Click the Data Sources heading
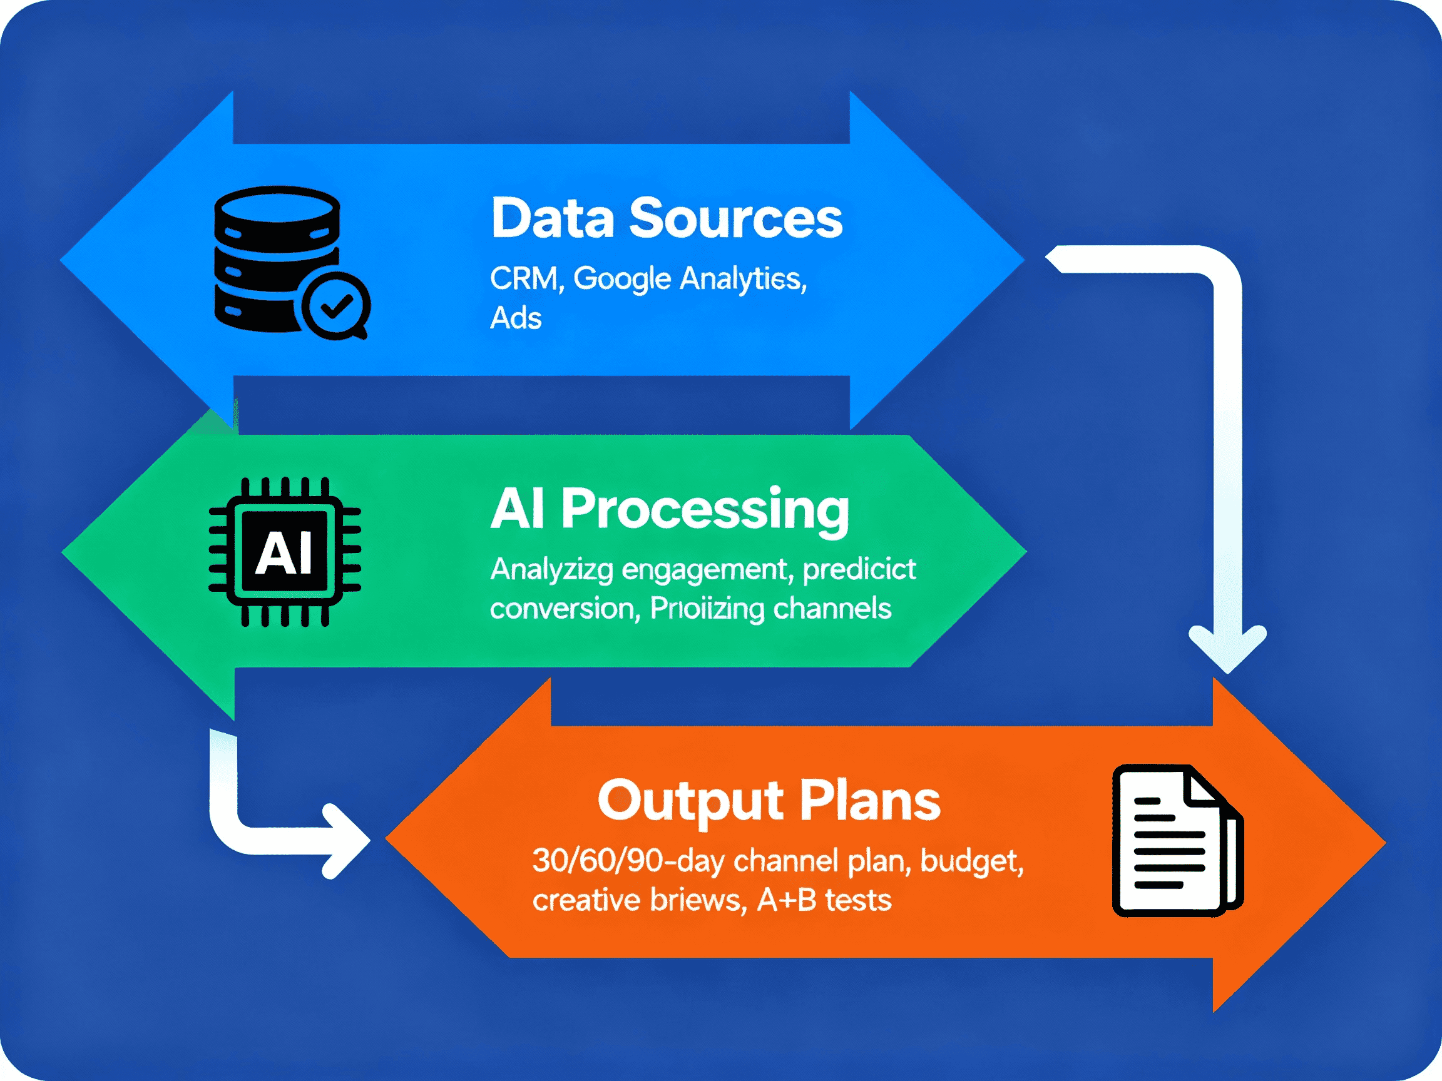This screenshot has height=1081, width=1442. pos(667,218)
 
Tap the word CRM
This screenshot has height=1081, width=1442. pos(523,279)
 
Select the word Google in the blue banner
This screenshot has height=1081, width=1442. pos(622,279)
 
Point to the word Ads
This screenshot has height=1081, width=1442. pos(516,318)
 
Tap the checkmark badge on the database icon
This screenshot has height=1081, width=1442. pos(336,305)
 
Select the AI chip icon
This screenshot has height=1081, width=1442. pos(284,552)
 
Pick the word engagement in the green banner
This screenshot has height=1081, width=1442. pos(707,570)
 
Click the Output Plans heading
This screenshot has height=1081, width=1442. pos(769,801)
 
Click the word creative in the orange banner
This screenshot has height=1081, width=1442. pos(586,900)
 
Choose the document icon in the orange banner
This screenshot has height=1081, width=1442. pos(1176,841)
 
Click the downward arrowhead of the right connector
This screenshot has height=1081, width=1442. pos(1227,649)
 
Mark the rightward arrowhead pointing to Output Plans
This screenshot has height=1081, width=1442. pos(345,841)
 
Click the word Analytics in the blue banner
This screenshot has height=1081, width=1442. pos(742,279)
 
